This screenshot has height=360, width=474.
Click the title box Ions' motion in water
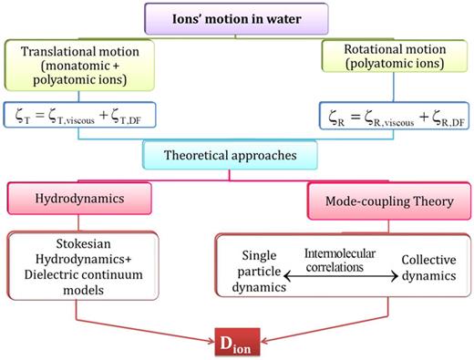click(x=237, y=17)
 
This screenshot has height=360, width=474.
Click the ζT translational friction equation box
click(x=81, y=114)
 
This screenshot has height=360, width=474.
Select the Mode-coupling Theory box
click(x=387, y=200)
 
